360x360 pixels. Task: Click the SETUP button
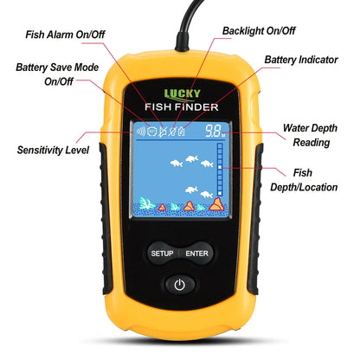point(162,254)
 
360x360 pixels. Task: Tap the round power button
point(179,285)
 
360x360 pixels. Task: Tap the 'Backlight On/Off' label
point(258,30)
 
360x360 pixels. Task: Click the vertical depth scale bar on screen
point(220,177)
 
